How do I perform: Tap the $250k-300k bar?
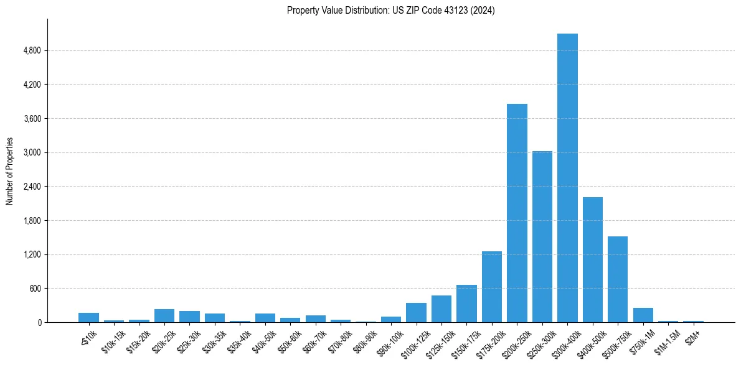click(542, 237)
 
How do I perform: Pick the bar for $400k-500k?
click(593, 260)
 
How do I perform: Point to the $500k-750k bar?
click(618, 279)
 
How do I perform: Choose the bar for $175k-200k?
click(492, 287)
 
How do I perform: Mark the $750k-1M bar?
click(643, 315)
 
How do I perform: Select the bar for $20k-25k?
click(164, 316)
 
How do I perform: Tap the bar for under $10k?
click(88, 318)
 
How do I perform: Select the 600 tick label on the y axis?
click(35, 289)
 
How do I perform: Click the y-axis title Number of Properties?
click(10, 171)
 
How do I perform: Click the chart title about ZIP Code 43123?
click(390, 11)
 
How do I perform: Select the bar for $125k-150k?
click(441, 309)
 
